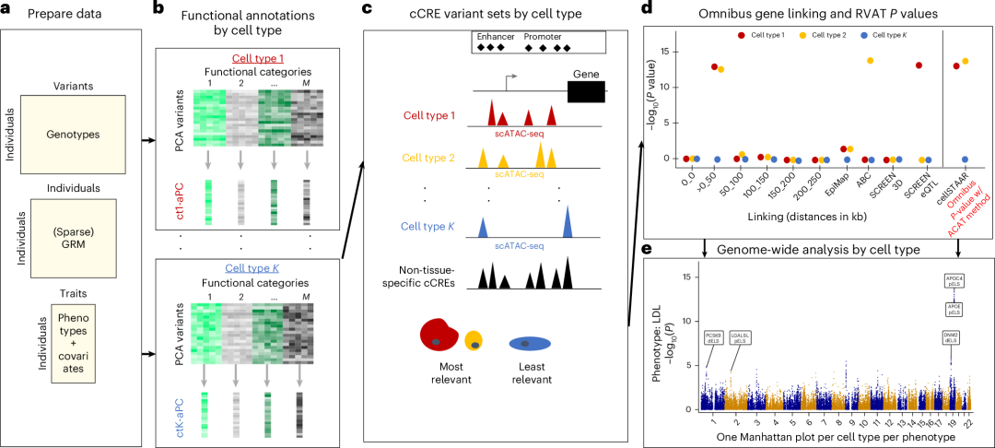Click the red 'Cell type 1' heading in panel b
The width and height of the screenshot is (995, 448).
232,58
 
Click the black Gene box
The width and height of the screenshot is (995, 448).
586,90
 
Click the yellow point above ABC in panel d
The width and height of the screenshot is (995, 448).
870,61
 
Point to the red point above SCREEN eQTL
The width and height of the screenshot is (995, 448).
919,65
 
